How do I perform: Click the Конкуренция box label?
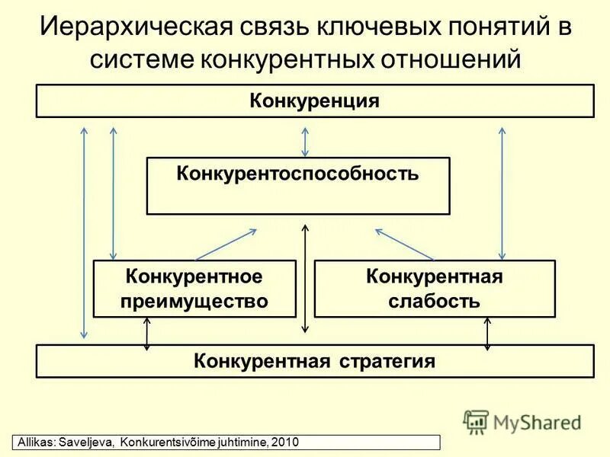coord(314,101)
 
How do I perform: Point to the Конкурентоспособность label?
coord(298,173)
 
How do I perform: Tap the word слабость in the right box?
coord(434,301)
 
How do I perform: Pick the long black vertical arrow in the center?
coord(305,278)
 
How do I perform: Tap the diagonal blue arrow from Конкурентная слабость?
coord(405,244)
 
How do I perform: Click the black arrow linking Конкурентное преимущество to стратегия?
coord(146,333)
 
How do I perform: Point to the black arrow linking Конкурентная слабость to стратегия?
coord(486,333)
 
